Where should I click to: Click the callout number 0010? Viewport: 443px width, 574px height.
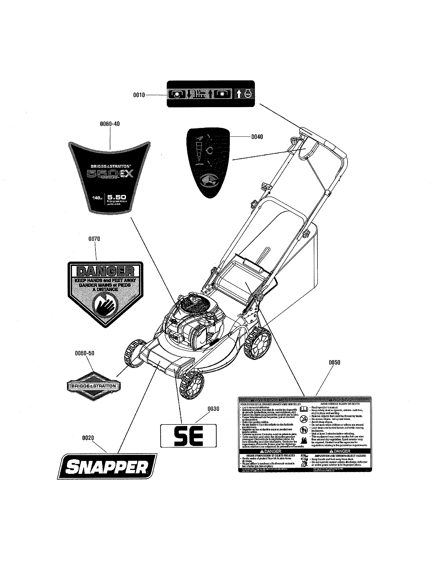(x=139, y=95)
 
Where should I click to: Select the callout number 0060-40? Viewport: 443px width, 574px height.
(x=110, y=124)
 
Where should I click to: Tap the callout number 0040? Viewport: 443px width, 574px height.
(x=257, y=137)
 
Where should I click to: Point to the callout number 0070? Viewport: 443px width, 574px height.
(x=94, y=239)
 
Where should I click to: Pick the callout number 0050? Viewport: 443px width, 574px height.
(x=334, y=362)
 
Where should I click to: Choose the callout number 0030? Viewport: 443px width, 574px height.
(x=213, y=409)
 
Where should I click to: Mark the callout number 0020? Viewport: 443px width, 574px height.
(x=88, y=438)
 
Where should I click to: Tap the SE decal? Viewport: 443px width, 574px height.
(x=188, y=436)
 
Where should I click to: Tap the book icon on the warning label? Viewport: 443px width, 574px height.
(x=304, y=409)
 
